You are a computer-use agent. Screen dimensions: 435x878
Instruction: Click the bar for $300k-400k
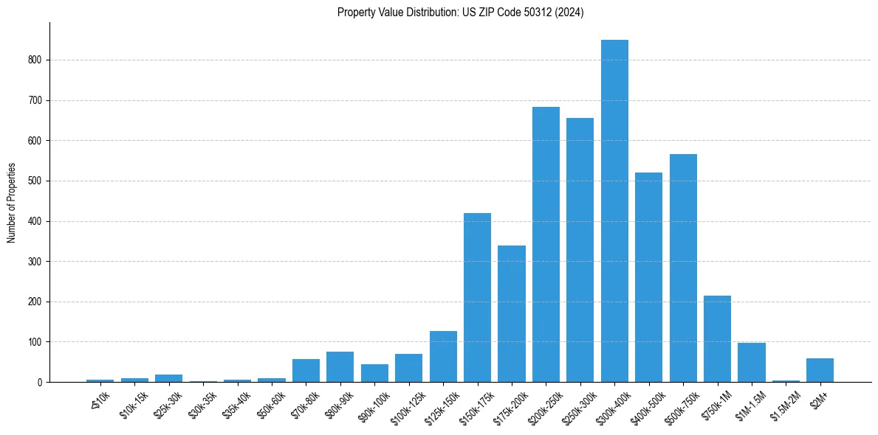[x=614, y=211]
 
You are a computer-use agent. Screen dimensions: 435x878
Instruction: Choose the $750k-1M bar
[x=717, y=338]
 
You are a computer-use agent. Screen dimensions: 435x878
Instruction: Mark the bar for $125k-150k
[x=443, y=356]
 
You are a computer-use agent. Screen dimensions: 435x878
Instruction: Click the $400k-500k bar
[x=648, y=277]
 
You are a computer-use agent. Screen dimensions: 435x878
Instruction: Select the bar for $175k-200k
[x=512, y=313]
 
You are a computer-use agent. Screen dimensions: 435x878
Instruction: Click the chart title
[x=461, y=13]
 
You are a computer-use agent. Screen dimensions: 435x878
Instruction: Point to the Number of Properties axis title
[x=11, y=202]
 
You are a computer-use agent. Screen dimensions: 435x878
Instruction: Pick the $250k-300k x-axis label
[x=577, y=406]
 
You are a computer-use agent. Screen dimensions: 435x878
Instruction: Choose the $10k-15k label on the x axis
[x=133, y=404]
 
